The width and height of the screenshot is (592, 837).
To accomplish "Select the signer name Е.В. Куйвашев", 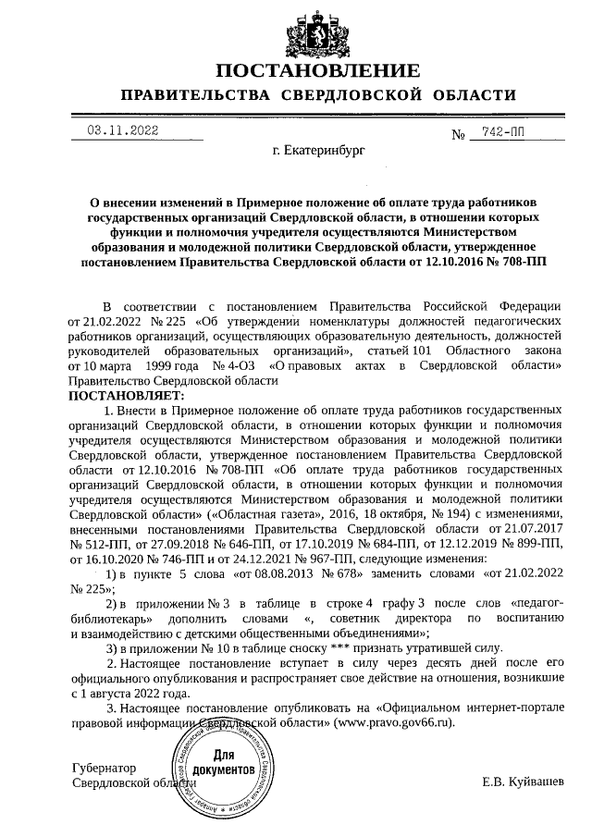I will [x=521, y=783].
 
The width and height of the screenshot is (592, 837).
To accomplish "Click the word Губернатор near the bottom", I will [x=104, y=769].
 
